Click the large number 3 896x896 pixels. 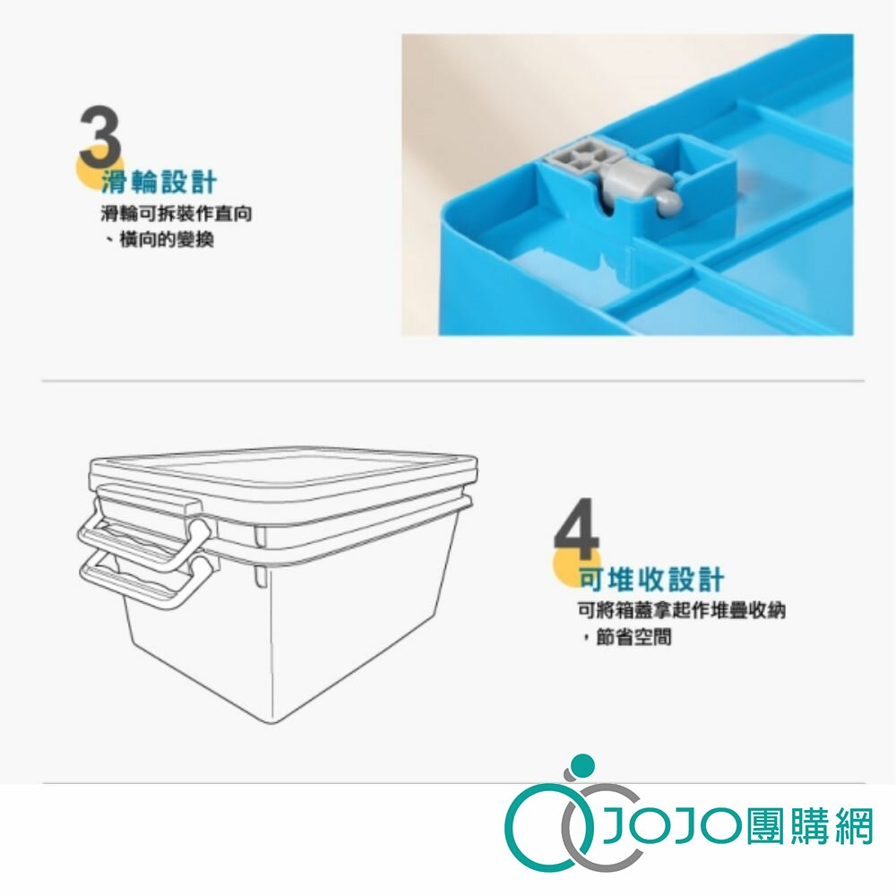point(100,137)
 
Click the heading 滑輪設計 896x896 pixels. point(159,182)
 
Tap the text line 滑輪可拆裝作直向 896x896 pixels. point(177,214)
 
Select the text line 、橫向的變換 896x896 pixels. point(159,239)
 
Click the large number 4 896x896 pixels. point(577,530)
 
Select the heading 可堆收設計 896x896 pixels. point(652,580)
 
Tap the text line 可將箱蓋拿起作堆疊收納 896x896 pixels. point(682,610)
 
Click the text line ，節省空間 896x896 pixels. point(627,636)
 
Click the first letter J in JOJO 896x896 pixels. point(617,827)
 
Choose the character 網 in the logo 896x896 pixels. point(854,826)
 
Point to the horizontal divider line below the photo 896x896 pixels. point(453,380)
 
